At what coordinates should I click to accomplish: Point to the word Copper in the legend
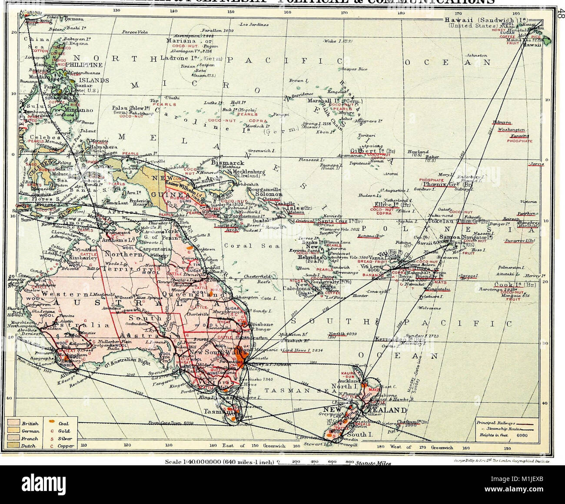point(66,446)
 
